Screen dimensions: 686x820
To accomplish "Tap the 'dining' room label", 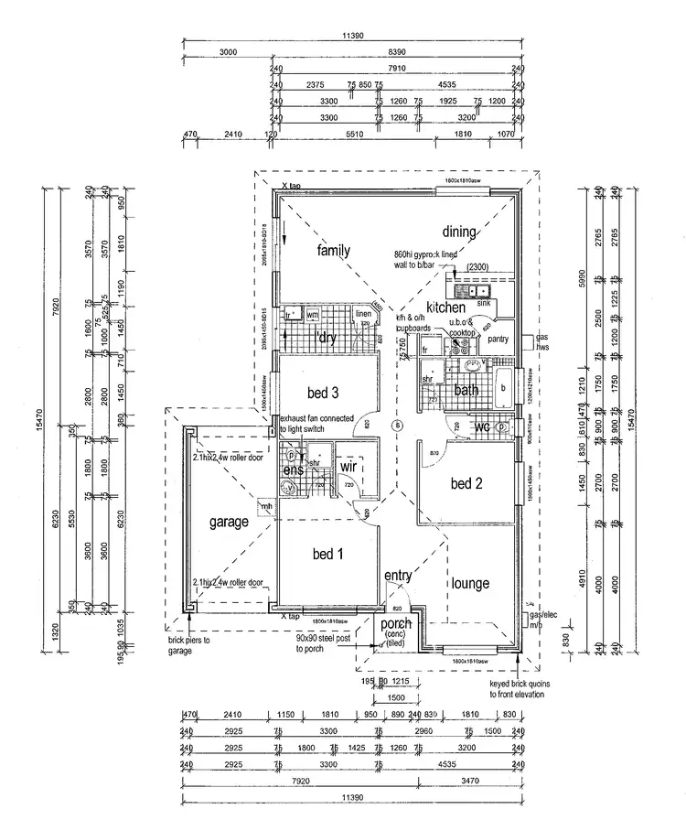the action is point(459,232).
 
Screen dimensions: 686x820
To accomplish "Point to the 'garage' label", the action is point(229,523).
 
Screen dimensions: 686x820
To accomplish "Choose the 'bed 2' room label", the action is point(466,483).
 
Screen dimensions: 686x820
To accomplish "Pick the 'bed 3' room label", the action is point(323,394).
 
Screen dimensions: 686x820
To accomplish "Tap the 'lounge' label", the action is point(469,583).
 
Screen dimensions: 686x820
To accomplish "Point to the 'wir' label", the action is point(348,467).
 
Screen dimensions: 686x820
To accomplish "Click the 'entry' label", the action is point(398,576).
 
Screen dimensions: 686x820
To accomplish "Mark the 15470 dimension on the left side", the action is point(40,414).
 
